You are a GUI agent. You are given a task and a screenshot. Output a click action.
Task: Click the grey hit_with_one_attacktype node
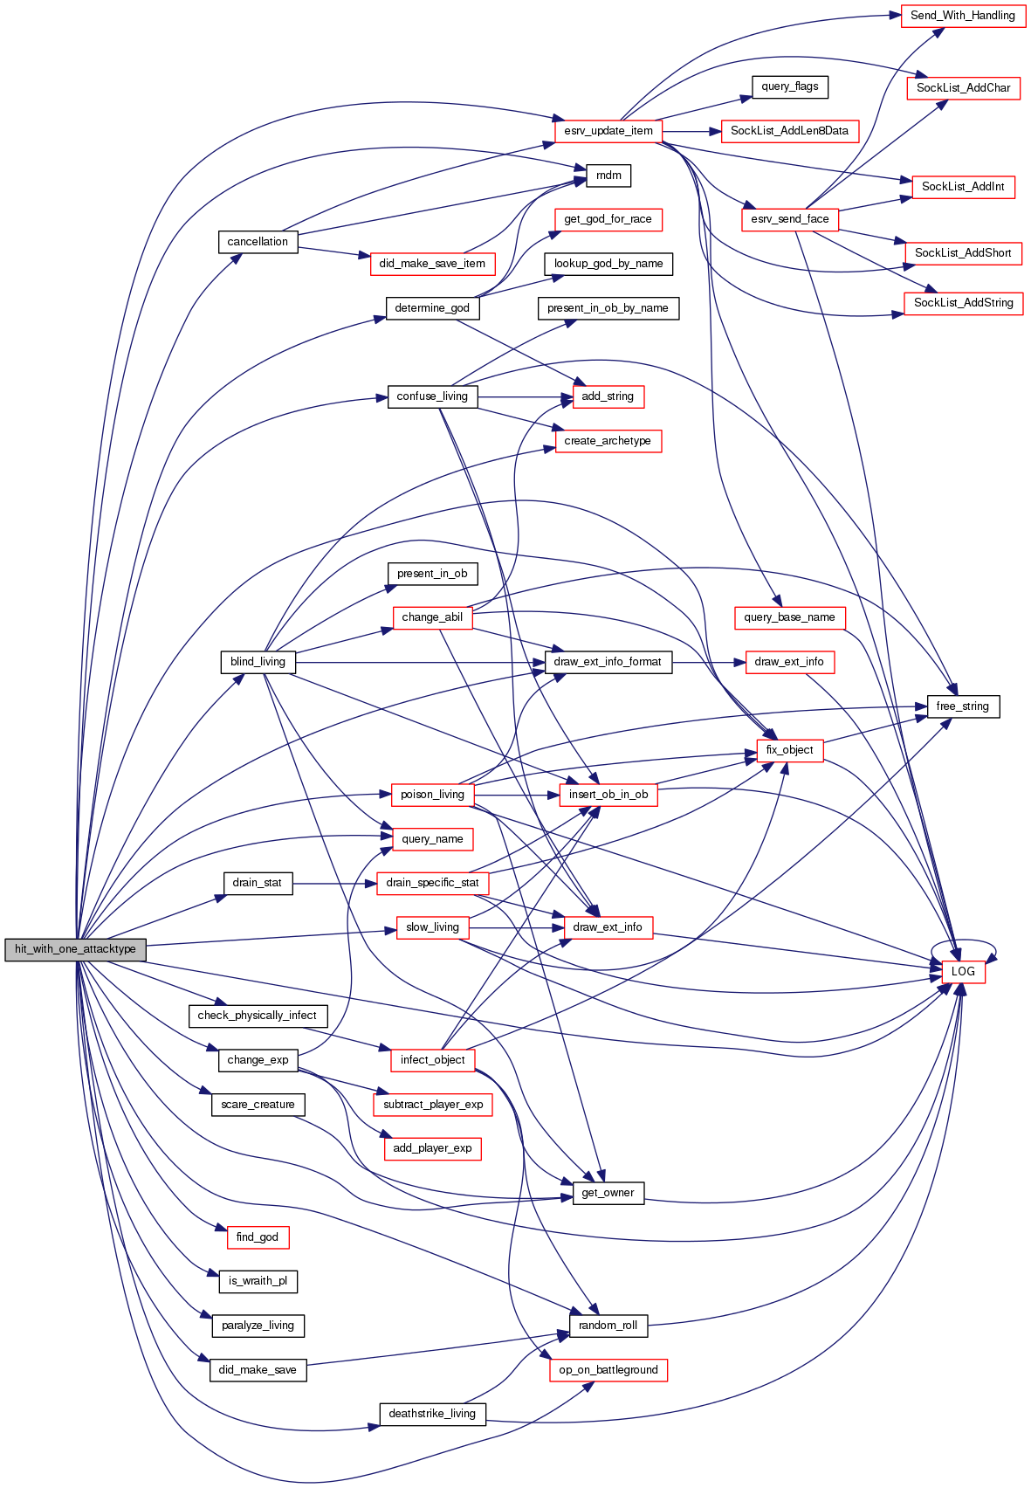coord(75,949)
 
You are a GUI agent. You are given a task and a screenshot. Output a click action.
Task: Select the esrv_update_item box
coord(608,131)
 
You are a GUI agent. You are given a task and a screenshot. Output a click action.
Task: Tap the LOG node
coord(963,971)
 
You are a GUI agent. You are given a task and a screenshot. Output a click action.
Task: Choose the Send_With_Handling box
coord(962,16)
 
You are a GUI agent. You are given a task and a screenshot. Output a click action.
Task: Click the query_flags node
coord(789,86)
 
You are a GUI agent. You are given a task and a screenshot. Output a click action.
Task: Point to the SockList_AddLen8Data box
coord(789,131)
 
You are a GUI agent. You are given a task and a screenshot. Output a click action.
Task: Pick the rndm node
coord(608,176)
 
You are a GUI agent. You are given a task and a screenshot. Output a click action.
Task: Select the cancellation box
coord(258,242)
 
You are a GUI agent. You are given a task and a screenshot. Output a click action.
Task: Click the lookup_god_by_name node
coord(608,264)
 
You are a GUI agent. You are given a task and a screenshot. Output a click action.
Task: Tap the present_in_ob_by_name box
coord(608,308)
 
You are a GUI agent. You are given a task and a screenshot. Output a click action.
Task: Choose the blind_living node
coord(258,662)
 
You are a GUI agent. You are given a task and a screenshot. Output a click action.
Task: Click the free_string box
coord(962,706)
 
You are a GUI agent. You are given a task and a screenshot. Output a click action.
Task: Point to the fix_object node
coord(789,750)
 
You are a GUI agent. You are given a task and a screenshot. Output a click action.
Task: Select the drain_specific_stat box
coord(432,883)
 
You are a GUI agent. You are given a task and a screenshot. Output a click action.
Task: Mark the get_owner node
coord(608,1193)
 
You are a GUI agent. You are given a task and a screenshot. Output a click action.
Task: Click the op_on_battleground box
coord(608,1370)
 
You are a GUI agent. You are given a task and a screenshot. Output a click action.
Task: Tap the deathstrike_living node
coord(432,1414)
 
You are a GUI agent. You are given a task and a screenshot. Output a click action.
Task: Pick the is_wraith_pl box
coord(258,1281)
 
